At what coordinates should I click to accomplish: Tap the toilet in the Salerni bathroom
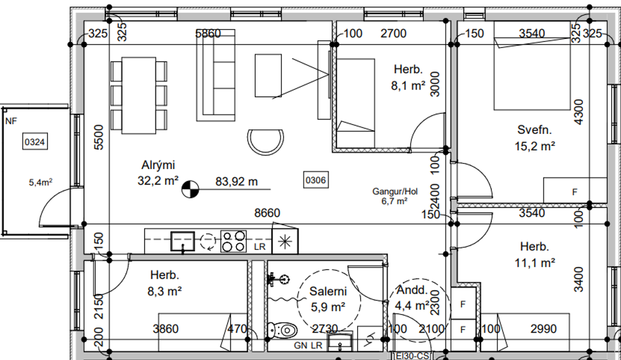(282, 330)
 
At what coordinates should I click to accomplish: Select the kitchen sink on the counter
(182, 242)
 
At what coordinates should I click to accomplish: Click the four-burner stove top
(233, 242)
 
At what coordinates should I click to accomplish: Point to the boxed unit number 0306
(316, 180)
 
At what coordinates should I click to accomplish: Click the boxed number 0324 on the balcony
(35, 142)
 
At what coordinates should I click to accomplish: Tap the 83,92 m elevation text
(236, 182)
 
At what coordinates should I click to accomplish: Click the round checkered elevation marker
(190, 189)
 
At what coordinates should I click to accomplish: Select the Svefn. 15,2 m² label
(535, 138)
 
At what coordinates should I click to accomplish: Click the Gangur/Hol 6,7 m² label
(395, 196)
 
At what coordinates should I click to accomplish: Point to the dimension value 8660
(267, 213)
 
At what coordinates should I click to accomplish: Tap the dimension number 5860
(208, 34)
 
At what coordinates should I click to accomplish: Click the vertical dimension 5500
(99, 137)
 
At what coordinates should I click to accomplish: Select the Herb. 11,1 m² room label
(535, 254)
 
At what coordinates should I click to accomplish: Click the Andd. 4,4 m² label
(412, 298)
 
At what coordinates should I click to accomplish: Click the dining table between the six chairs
(139, 95)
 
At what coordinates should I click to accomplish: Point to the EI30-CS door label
(412, 356)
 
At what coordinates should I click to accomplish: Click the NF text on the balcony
(11, 121)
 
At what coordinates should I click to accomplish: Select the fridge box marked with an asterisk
(285, 241)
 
